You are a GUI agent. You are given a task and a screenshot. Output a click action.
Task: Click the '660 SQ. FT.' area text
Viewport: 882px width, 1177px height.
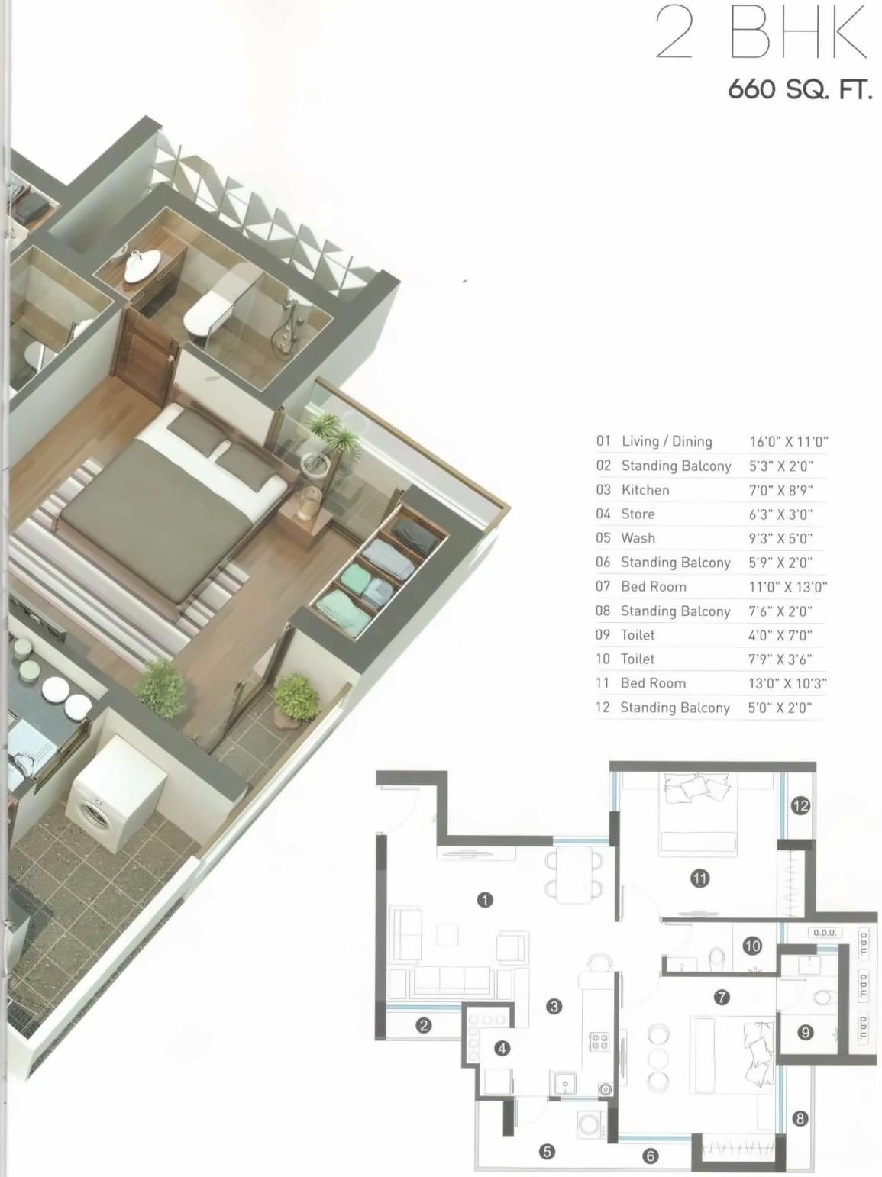pyautogui.click(x=799, y=89)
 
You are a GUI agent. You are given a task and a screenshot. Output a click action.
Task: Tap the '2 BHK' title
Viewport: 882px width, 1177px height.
pyautogui.click(x=761, y=34)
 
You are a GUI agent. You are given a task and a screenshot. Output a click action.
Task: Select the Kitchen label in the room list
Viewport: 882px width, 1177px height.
pyautogui.click(x=645, y=490)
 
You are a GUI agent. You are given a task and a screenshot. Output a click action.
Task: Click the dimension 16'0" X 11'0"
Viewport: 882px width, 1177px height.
pyautogui.click(x=788, y=441)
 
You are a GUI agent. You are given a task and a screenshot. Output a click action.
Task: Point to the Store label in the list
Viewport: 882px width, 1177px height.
pyautogui.click(x=638, y=514)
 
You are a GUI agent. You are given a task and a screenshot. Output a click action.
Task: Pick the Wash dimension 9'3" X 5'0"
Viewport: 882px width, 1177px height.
pyautogui.click(x=780, y=538)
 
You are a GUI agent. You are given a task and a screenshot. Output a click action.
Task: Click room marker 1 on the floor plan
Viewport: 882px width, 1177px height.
pyautogui.click(x=484, y=900)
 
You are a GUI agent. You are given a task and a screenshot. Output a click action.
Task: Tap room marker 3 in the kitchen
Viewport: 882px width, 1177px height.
pyautogui.click(x=554, y=1006)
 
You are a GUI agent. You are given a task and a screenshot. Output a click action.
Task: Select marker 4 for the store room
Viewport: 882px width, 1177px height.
pyautogui.click(x=502, y=1048)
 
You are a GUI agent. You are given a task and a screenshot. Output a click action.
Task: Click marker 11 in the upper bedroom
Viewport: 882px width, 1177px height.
pyautogui.click(x=699, y=879)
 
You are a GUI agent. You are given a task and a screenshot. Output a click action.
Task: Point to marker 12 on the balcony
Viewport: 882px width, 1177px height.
pyautogui.click(x=800, y=805)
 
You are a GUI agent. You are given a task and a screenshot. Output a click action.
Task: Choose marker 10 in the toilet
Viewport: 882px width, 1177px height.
pyautogui.click(x=752, y=946)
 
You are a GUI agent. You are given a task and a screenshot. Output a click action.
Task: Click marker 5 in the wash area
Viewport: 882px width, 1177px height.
pyautogui.click(x=547, y=1151)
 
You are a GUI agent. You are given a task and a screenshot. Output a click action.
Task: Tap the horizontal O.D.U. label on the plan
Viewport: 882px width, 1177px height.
pyautogui.click(x=825, y=933)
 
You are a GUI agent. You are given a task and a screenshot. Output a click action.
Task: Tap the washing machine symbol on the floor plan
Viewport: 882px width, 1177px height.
pyautogui.click(x=590, y=1124)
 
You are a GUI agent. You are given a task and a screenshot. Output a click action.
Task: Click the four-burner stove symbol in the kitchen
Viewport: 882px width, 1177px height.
pyautogui.click(x=599, y=1041)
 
